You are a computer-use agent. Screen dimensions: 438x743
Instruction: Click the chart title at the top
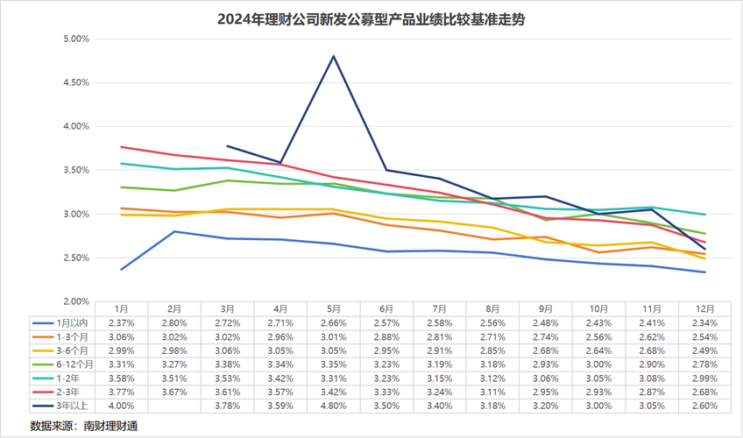(x=371, y=18)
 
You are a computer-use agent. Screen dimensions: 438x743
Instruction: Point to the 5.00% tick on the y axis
(x=78, y=39)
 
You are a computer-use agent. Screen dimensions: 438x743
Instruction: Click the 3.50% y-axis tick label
(x=78, y=170)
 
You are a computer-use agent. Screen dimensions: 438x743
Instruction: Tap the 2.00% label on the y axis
(x=78, y=301)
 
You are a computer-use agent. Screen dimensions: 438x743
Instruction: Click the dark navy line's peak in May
(x=334, y=56)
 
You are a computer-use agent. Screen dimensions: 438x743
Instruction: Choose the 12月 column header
(x=705, y=309)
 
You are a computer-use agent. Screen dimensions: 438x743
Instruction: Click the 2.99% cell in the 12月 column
(x=705, y=378)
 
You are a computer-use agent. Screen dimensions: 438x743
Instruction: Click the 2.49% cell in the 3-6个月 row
(x=705, y=351)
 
